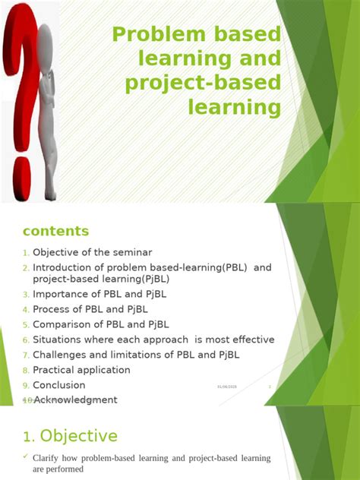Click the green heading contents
(55, 231)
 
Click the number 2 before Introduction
(25, 268)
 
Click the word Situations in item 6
(58, 339)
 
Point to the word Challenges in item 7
(62, 355)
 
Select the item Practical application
(81, 370)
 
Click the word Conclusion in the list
(59, 385)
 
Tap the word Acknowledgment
(75, 399)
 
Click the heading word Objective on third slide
(78, 436)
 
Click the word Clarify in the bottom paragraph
(49, 459)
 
